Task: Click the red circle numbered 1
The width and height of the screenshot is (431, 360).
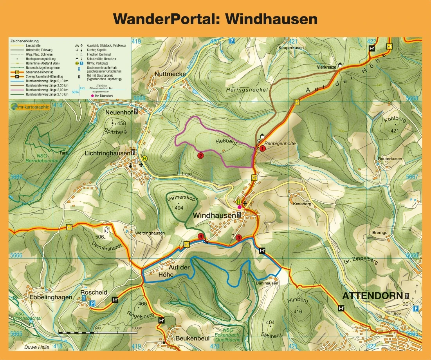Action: (x=263, y=148)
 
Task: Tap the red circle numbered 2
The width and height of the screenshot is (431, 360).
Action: (x=200, y=156)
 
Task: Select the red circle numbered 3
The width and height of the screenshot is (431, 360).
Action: (x=239, y=237)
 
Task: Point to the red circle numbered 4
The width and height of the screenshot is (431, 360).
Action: (x=200, y=236)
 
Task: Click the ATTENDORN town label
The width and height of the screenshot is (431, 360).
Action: (x=372, y=296)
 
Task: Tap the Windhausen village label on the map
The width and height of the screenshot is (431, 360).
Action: (x=214, y=215)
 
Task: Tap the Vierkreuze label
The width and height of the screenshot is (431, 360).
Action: (x=326, y=67)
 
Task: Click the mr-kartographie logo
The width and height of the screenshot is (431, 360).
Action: (x=30, y=106)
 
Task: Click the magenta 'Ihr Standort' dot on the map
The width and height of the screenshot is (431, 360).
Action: (x=239, y=207)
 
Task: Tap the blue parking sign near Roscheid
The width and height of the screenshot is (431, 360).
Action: (x=92, y=304)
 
